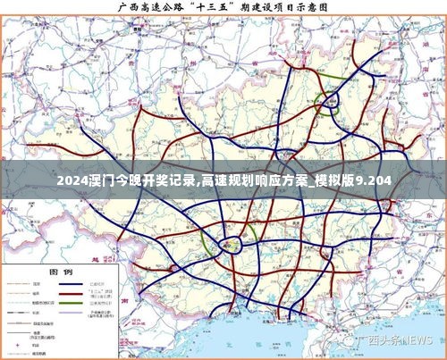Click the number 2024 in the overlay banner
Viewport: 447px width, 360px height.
[71, 181]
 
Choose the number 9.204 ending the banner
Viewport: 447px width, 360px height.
[373, 181]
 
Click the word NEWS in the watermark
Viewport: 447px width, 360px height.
[417, 342]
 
